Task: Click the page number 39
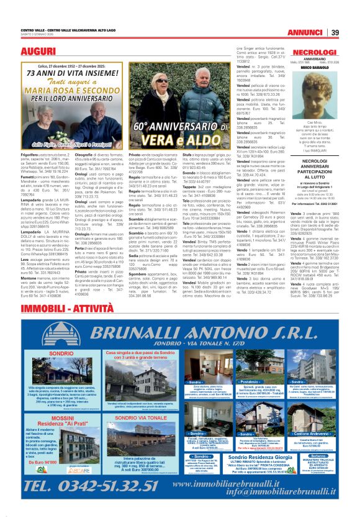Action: click(334, 32)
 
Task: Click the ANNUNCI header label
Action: click(309, 32)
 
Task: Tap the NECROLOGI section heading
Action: click(314, 53)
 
